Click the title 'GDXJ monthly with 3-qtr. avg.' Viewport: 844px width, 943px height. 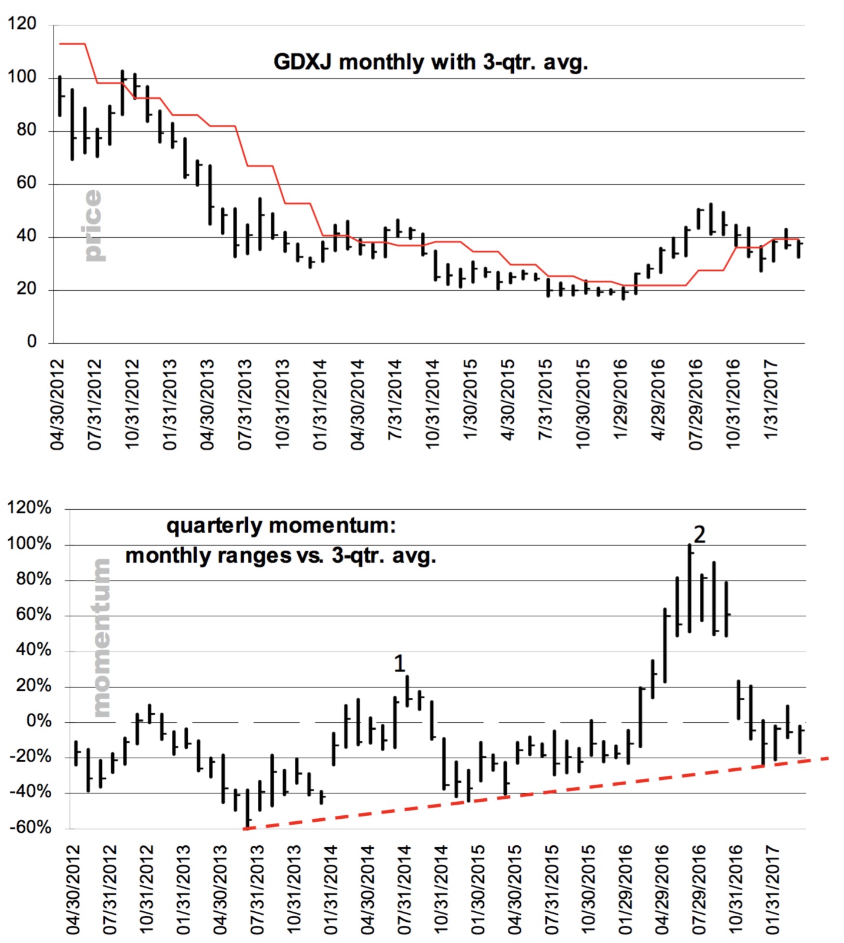pos(431,62)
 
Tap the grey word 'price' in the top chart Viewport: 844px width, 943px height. pos(92,225)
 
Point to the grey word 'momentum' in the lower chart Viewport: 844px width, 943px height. pos(101,638)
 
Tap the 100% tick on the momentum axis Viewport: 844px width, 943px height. pos(29,544)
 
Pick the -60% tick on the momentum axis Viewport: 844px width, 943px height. pos(30,828)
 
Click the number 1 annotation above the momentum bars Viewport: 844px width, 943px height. pos(400,664)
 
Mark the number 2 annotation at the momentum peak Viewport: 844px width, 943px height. pos(699,534)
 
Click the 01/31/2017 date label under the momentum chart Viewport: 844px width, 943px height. pos(772,890)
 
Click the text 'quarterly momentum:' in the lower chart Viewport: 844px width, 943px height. pos(281,525)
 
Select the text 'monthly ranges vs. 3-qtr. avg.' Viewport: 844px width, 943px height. pos(281,556)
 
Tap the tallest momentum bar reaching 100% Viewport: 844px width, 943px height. pos(689,589)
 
